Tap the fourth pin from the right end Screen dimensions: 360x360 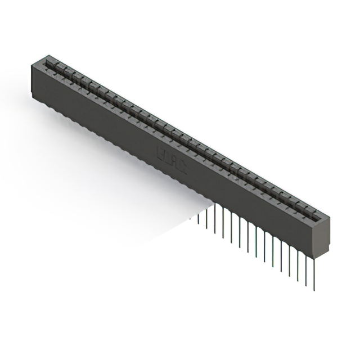coord(289,256)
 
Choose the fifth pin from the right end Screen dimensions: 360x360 coord(281,251)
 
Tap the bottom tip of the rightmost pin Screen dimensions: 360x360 coord(314,290)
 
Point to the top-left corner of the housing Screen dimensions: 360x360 coord(31,64)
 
